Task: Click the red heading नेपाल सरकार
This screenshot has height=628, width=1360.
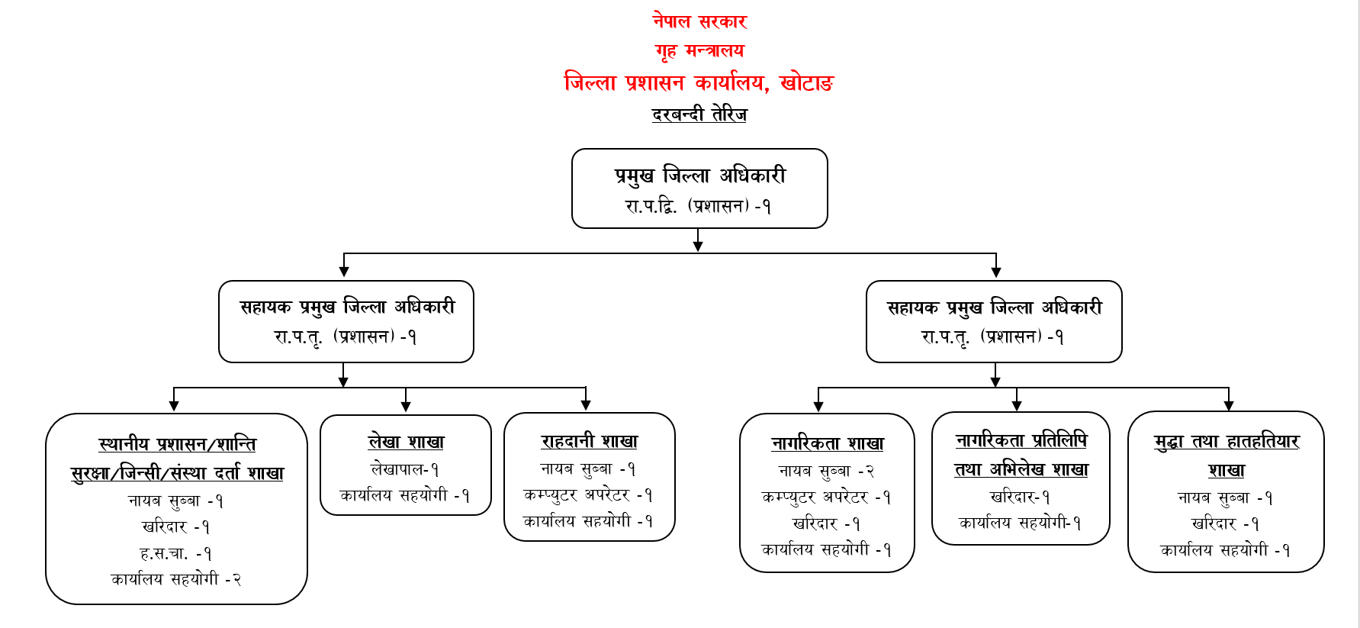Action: [699, 21]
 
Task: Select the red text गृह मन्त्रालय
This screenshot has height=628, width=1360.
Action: [699, 51]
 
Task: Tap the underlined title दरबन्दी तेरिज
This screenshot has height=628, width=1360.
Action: [699, 114]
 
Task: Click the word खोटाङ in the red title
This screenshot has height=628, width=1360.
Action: [807, 82]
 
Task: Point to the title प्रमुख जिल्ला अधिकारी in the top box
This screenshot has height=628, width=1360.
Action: [700, 176]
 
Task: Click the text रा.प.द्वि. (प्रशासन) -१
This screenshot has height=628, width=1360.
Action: [698, 206]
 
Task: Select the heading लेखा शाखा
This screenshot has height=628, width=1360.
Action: [406, 442]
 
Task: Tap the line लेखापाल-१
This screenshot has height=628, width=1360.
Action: [405, 469]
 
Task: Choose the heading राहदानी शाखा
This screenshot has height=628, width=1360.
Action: [589, 441]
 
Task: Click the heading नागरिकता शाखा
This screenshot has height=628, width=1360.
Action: [828, 443]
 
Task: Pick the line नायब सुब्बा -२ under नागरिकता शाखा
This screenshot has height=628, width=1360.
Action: [826, 472]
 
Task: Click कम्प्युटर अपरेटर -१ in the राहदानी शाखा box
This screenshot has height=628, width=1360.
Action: [588, 495]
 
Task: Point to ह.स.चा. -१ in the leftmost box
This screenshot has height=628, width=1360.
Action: [176, 553]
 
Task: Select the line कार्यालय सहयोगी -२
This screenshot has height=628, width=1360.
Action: [176, 579]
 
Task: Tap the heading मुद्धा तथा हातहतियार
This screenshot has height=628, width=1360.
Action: [1227, 441]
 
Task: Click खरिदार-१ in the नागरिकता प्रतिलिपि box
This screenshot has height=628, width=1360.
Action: [1021, 497]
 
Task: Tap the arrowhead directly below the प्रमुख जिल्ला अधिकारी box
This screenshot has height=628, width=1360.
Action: [698, 246]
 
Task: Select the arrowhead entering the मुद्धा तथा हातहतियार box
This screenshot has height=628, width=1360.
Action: [1228, 406]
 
